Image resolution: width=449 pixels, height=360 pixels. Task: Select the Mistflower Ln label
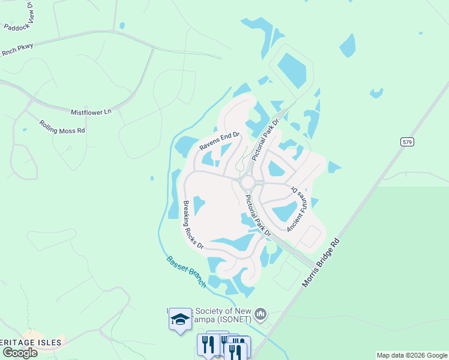click(x=91, y=112)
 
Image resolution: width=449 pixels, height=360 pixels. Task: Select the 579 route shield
click(x=407, y=142)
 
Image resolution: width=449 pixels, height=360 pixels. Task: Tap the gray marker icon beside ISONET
click(x=261, y=314)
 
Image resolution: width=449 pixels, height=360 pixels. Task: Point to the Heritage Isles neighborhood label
click(x=30, y=343)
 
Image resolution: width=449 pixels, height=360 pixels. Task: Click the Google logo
click(x=20, y=352)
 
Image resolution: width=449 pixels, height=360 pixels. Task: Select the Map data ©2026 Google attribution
click(x=412, y=355)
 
